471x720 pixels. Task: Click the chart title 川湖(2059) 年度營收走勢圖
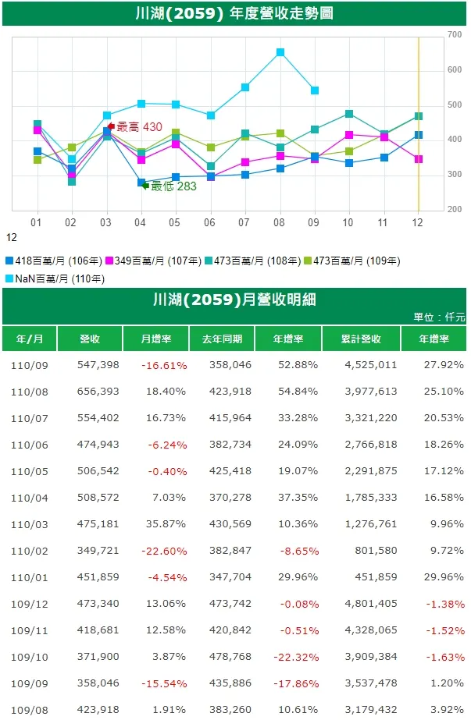(234, 13)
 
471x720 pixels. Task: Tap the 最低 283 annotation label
(173, 186)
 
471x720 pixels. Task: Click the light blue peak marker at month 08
(280, 53)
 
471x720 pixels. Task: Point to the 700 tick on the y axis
(455, 35)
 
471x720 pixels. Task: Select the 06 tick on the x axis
(210, 222)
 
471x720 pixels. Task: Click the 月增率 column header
(155, 339)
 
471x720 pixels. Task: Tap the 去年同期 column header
(222, 339)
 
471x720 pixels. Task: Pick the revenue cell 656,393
(98, 392)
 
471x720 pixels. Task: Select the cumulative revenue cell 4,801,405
(369, 604)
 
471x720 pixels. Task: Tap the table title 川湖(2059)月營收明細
(234, 300)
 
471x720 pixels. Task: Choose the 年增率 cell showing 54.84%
(300, 392)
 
